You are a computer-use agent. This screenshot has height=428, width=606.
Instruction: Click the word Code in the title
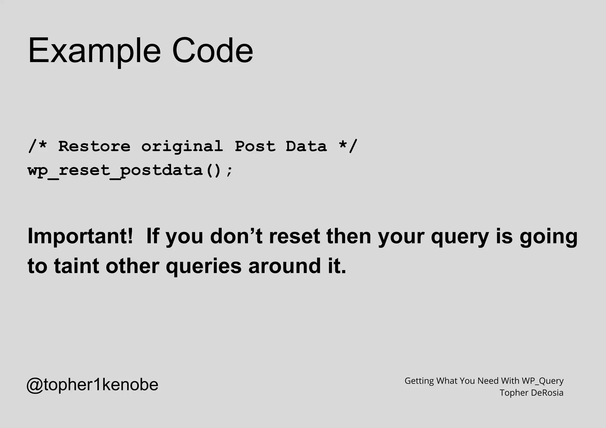[x=212, y=50]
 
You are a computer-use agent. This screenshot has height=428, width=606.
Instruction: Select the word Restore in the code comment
[x=94, y=146]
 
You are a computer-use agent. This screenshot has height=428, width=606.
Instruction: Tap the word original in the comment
[x=182, y=147]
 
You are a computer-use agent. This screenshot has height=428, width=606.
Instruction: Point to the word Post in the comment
[x=255, y=146]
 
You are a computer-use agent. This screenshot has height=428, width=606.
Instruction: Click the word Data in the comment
[x=306, y=146]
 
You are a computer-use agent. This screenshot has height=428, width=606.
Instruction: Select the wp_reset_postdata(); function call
[x=130, y=171]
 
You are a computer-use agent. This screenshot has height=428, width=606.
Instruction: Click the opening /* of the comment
[x=38, y=146]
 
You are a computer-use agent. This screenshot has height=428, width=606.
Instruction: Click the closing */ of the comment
[x=348, y=146]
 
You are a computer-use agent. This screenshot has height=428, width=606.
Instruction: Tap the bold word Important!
[x=80, y=236]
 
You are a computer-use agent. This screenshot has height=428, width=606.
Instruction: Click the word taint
[x=76, y=266]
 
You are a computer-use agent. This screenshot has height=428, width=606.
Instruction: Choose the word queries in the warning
[x=204, y=266]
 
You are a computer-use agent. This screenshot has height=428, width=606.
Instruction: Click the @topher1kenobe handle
[x=92, y=385]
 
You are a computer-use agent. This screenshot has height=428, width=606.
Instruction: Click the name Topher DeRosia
[x=531, y=393]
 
